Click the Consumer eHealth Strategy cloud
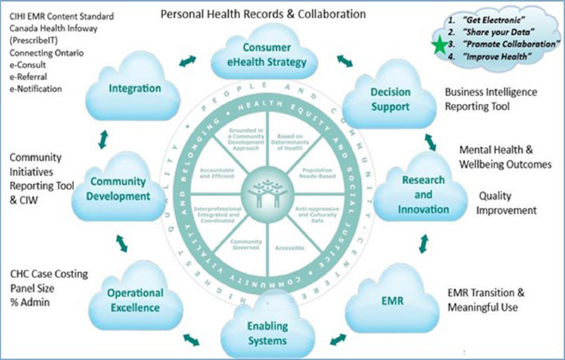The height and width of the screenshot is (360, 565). point(266,55)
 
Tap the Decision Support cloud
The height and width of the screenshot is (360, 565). point(391,100)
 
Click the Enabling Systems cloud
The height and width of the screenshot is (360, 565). point(267,332)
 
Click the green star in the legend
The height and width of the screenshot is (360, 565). point(441,45)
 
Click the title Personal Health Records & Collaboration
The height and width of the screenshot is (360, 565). point(263,13)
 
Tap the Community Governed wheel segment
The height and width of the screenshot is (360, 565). point(246,244)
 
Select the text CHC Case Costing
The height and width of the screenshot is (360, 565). point(44,274)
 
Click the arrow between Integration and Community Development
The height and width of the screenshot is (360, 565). point(104,138)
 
